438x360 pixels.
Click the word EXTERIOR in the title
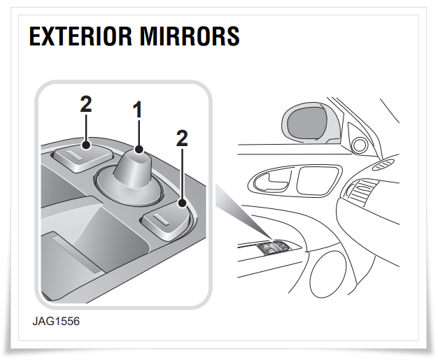pos(80,36)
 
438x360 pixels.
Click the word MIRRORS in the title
pos(190,36)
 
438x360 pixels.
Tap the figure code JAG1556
pos(56,322)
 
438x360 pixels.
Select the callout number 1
pos(138,110)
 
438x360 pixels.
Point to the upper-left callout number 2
pos(86,104)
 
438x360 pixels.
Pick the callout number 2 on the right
pos(182,138)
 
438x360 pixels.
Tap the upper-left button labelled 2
pos(83,158)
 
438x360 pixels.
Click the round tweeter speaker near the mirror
pos(360,144)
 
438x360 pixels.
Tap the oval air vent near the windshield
pos(384,164)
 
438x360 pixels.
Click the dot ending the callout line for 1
pos(139,150)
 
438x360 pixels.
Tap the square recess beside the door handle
pos(316,180)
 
